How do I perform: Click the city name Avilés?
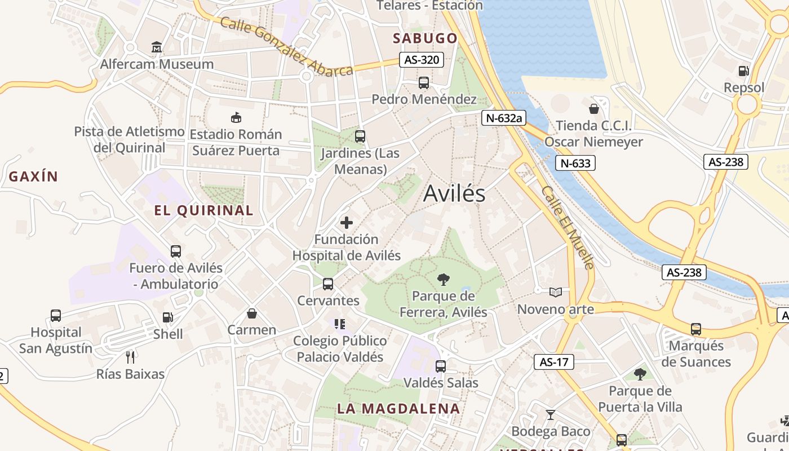pyautogui.click(x=454, y=193)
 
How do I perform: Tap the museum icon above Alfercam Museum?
pyautogui.click(x=157, y=47)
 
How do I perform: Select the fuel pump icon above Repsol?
pyautogui.click(x=744, y=71)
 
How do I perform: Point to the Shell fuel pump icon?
pyautogui.click(x=167, y=317)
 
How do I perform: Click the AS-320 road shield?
pyautogui.click(x=422, y=60)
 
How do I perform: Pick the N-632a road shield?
pyautogui.click(x=503, y=118)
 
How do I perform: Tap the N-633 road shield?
pyautogui.click(x=575, y=163)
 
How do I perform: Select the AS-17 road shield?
pyautogui.click(x=554, y=362)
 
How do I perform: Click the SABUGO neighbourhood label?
pyautogui.click(x=425, y=38)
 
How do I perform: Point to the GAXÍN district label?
pyautogui.click(x=33, y=176)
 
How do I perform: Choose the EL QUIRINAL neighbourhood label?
pyautogui.click(x=203, y=211)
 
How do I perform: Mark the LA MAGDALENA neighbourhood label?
pyautogui.click(x=398, y=409)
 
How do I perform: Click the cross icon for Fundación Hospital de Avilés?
pyautogui.click(x=347, y=222)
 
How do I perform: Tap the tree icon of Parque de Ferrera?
pyautogui.click(x=444, y=279)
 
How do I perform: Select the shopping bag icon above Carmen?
pyautogui.click(x=252, y=313)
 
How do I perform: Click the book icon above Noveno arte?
pyautogui.click(x=556, y=292)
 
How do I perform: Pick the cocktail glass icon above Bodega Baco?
pyautogui.click(x=551, y=415)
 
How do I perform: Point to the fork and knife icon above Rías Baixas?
pyautogui.click(x=130, y=357)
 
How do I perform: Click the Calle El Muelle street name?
pyautogui.click(x=568, y=227)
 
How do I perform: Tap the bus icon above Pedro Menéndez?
pyautogui.click(x=424, y=83)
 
